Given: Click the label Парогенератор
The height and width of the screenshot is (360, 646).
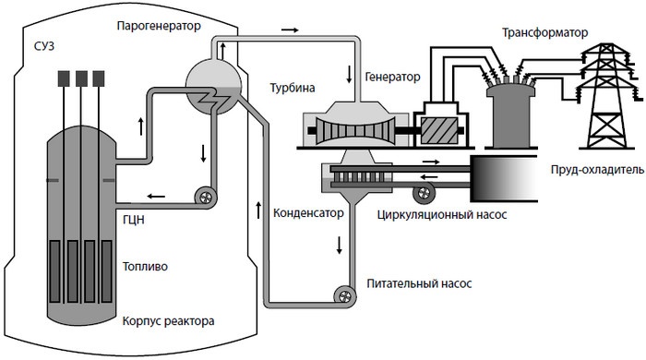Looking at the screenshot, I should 158,25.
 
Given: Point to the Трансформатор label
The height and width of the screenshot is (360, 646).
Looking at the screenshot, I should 544,32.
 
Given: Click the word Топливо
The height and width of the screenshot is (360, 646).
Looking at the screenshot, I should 144,267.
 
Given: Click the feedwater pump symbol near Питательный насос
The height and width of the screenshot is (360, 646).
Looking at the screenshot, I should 344,296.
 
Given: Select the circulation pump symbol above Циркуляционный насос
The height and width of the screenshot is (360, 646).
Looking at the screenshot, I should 425,193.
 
